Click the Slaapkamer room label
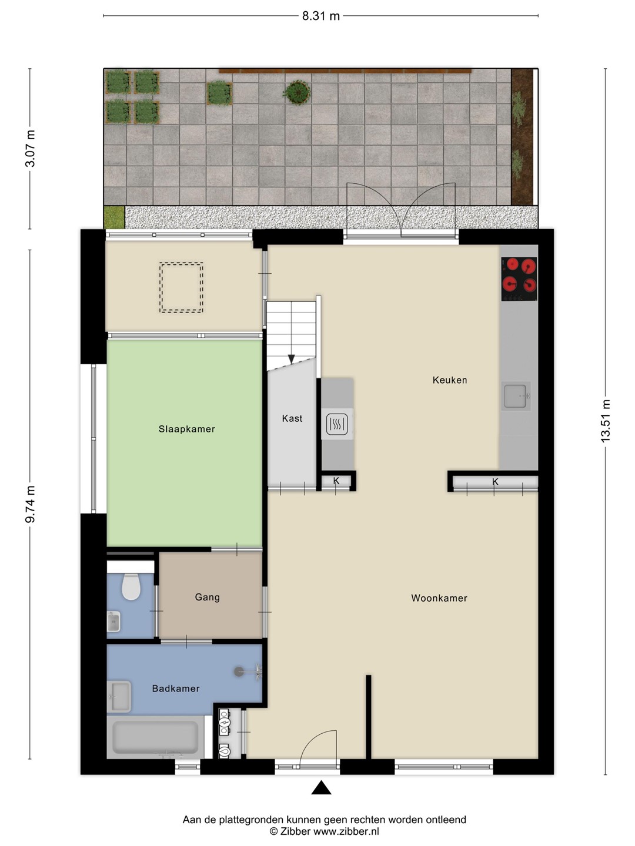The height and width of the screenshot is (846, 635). (x=186, y=429)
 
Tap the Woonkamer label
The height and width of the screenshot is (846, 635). (x=439, y=598)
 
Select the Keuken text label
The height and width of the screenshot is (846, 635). (x=450, y=380)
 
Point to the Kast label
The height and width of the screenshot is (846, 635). (x=292, y=418)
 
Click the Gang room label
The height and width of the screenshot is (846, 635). (x=208, y=597)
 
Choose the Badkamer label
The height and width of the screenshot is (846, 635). (x=176, y=689)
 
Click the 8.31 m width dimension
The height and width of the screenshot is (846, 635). (x=321, y=16)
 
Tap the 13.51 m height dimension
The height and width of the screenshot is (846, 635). (x=606, y=421)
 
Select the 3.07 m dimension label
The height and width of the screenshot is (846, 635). (x=30, y=149)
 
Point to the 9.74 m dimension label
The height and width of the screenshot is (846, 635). (x=30, y=504)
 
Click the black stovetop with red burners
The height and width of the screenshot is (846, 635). (x=519, y=279)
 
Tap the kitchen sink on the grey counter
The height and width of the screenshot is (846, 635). (x=516, y=396)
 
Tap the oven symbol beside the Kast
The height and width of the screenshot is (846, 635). (x=337, y=424)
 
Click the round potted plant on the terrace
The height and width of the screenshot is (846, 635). (x=297, y=92)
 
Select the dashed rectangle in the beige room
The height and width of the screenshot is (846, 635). (x=181, y=287)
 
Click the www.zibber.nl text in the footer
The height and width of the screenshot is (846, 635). (x=346, y=831)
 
